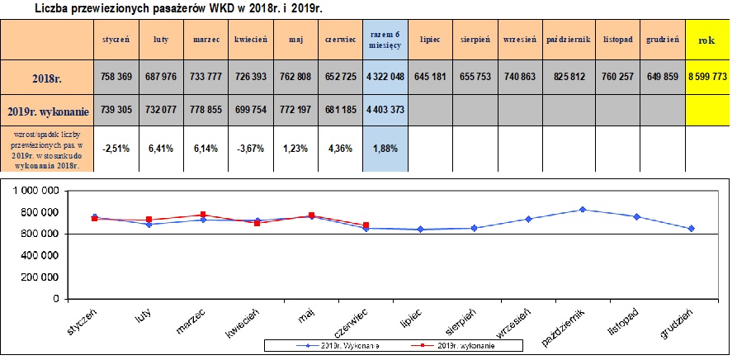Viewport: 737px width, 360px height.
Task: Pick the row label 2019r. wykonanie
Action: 47,109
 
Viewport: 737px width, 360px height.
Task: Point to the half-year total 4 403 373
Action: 385,109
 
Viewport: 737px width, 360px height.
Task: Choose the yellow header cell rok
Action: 706,39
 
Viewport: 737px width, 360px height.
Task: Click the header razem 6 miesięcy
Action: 385,39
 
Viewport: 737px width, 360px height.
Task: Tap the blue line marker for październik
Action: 583,210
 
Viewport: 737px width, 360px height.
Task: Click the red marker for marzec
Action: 204,215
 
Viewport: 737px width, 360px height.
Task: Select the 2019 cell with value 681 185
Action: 341,109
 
